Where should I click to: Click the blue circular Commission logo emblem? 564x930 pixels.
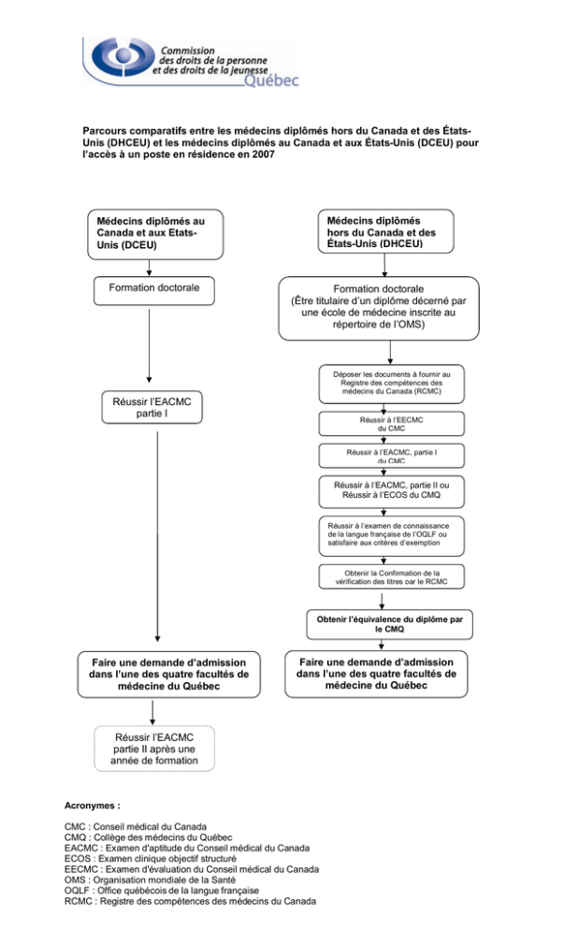[123, 57]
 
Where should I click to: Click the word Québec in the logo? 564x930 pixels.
[271, 80]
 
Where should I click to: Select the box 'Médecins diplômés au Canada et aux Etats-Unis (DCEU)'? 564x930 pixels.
[155, 234]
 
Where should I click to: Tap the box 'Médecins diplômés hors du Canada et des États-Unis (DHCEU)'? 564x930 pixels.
[386, 231]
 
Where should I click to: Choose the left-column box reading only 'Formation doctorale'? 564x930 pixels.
[154, 291]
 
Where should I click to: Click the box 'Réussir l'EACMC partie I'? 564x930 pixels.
[152, 407]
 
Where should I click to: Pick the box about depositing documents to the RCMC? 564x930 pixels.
[391, 384]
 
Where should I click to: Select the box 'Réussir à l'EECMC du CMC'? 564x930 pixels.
[391, 424]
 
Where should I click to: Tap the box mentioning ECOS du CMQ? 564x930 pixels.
[391, 491]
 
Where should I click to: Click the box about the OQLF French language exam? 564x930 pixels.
[391, 535]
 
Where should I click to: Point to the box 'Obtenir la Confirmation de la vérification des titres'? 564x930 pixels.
[391, 576]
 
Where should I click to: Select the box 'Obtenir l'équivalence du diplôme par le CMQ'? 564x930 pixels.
[390, 624]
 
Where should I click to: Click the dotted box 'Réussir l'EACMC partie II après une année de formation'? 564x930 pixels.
[154, 748]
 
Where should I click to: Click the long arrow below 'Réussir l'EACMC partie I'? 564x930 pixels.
[157, 536]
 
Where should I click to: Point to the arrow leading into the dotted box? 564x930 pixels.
[153, 712]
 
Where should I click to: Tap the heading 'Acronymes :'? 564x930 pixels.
[93, 806]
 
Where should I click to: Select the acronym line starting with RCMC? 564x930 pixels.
[191, 902]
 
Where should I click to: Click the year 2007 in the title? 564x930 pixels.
[264, 154]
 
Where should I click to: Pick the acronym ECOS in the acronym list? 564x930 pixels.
[78, 858]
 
